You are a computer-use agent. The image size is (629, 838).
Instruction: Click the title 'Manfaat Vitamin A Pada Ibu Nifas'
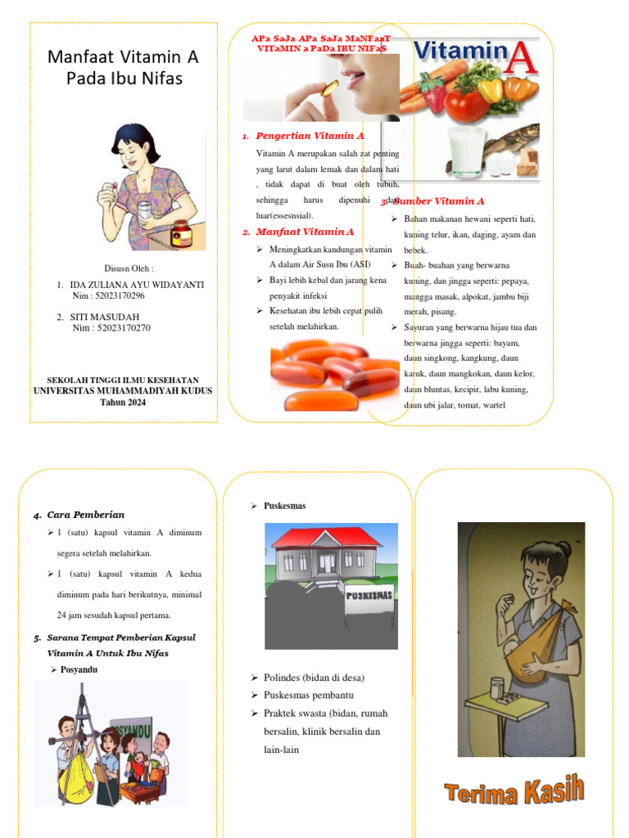(x=123, y=68)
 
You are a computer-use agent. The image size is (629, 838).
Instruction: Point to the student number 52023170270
(x=123, y=328)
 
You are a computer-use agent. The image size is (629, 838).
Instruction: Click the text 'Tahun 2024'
(x=123, y=402)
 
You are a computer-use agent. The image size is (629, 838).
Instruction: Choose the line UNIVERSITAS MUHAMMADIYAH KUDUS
(x=123, y=390)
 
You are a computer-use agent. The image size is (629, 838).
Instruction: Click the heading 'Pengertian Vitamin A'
(x=310, y=136)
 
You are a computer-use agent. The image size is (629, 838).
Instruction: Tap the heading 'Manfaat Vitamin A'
(x=305, y=232)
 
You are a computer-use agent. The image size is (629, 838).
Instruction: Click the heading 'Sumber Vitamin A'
(x=440, y=200)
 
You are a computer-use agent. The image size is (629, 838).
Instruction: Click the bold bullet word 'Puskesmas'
(x=284, y=506)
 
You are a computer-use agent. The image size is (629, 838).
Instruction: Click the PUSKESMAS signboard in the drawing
(x=369, y=594)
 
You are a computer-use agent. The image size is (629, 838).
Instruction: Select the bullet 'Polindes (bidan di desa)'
(x=314, y=678)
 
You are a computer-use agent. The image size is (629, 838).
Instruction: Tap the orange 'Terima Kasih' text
(x=514, y=791)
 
